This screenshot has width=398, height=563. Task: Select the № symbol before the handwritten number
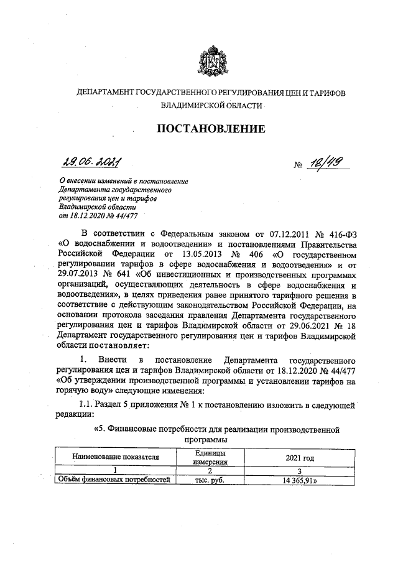click(298, 165)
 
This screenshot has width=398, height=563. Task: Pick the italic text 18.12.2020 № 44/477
click(99, 216)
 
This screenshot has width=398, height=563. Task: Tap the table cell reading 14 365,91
click(300, 480)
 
